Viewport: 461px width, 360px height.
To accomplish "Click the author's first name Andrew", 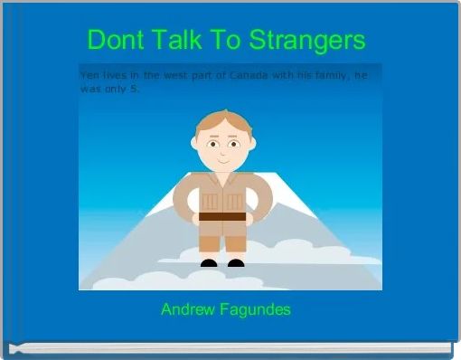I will click(x=185, y=309).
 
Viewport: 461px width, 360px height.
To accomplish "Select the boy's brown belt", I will click(x=222, y=217).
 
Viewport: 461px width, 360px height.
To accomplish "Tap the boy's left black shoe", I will click(x=209, y=264).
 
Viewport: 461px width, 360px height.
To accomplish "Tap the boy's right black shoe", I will click(x=236, y=264).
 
